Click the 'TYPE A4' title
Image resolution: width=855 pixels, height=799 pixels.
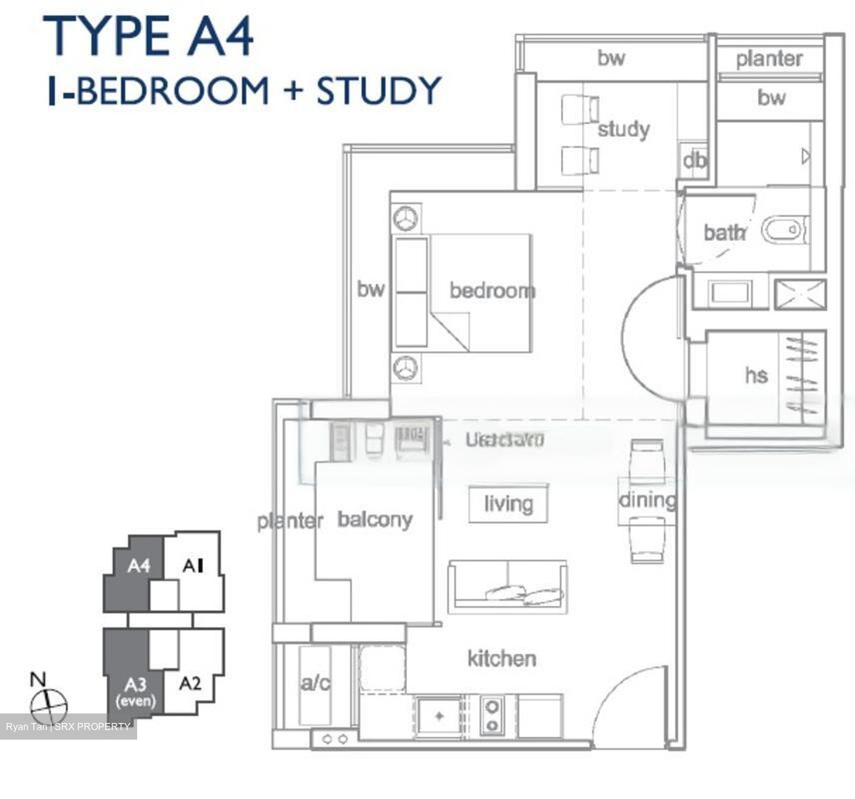coord(148,37)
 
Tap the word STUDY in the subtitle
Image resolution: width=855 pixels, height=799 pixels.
coord(379,91)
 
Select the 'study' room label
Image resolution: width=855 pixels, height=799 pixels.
coord(623,129)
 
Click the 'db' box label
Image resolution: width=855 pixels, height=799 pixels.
coord(694,160)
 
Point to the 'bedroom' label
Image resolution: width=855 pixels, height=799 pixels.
coord(492,290)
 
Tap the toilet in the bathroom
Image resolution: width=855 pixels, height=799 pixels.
coord(784,230)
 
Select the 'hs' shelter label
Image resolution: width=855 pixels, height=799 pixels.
coord(756,375)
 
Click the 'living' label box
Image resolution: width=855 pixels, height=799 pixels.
coord(508,504)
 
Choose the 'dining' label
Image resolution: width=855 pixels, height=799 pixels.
coord(647,500)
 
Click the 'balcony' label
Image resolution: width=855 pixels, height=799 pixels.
coord(375,519)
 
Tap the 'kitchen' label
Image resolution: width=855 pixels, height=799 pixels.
coord(502,658)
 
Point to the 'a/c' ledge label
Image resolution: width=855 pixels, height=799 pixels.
coord(315,683)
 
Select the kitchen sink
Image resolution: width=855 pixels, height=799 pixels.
coord(439,716)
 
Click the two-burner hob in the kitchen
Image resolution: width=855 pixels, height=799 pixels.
coord(492,716)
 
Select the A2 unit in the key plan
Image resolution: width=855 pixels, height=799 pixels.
coord(190,683)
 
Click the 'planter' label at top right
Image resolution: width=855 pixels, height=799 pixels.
coord(769,59)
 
